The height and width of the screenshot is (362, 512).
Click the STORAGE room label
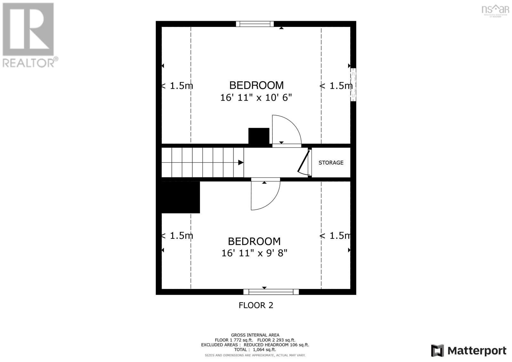click(331, 163)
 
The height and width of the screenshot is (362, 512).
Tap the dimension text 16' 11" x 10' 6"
click(256, 97)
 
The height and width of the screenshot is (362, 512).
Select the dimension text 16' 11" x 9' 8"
click(254, 253)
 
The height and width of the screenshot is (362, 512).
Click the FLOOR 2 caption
click(256, 305)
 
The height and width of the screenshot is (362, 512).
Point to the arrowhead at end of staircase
click(241, 163)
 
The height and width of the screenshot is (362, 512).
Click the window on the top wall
click(255, 24)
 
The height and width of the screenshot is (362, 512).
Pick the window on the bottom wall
click(271, 292)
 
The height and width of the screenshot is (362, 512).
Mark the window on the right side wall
click(353, 85)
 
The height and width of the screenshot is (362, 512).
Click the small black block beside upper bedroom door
click(259, 136)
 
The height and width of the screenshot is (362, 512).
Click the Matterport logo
click(469, 351)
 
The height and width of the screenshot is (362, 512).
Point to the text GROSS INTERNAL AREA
click(255, 335)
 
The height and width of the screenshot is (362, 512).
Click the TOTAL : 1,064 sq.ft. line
click(255, 350)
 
